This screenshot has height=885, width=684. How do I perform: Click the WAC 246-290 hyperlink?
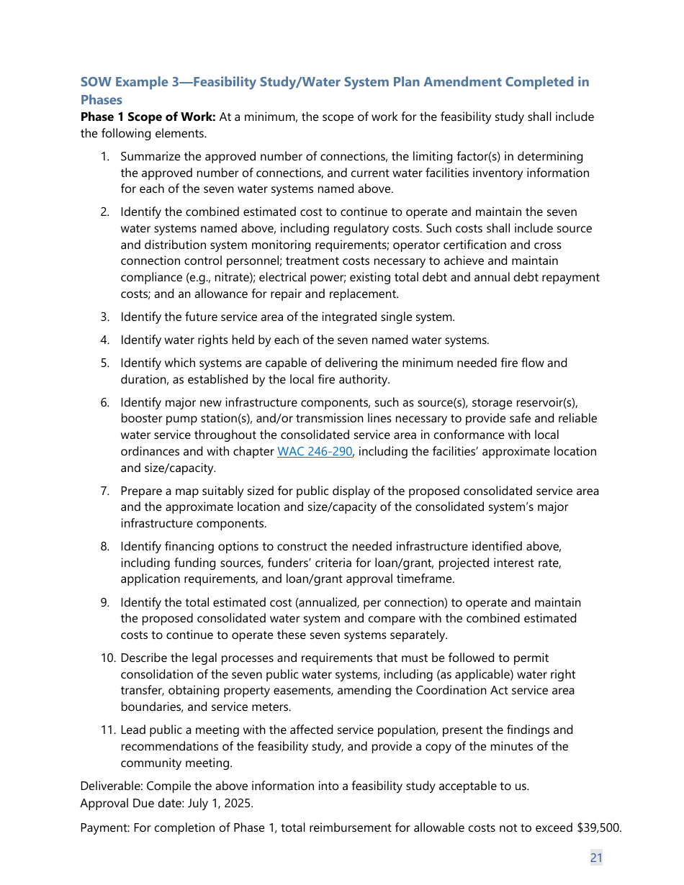point(315,452)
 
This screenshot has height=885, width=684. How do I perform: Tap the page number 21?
point(596,857)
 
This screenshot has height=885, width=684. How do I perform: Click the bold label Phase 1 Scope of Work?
point(148,117)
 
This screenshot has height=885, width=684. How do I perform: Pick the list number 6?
point(104,402)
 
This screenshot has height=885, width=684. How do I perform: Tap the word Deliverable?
point(110,786)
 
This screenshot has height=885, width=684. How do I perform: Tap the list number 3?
point(104,317)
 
